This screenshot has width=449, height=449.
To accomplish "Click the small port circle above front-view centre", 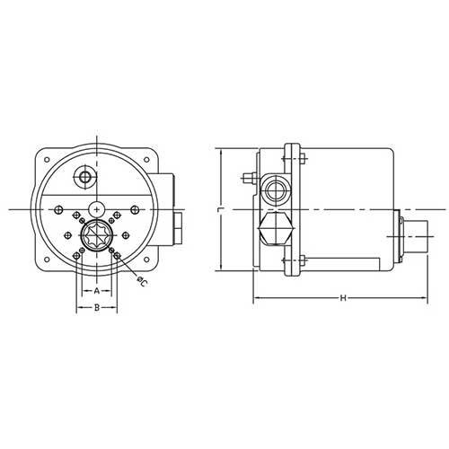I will (85, 177).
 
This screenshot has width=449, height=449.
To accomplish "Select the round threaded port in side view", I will (274, 187).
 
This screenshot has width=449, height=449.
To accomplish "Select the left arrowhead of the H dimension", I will (256, 297).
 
